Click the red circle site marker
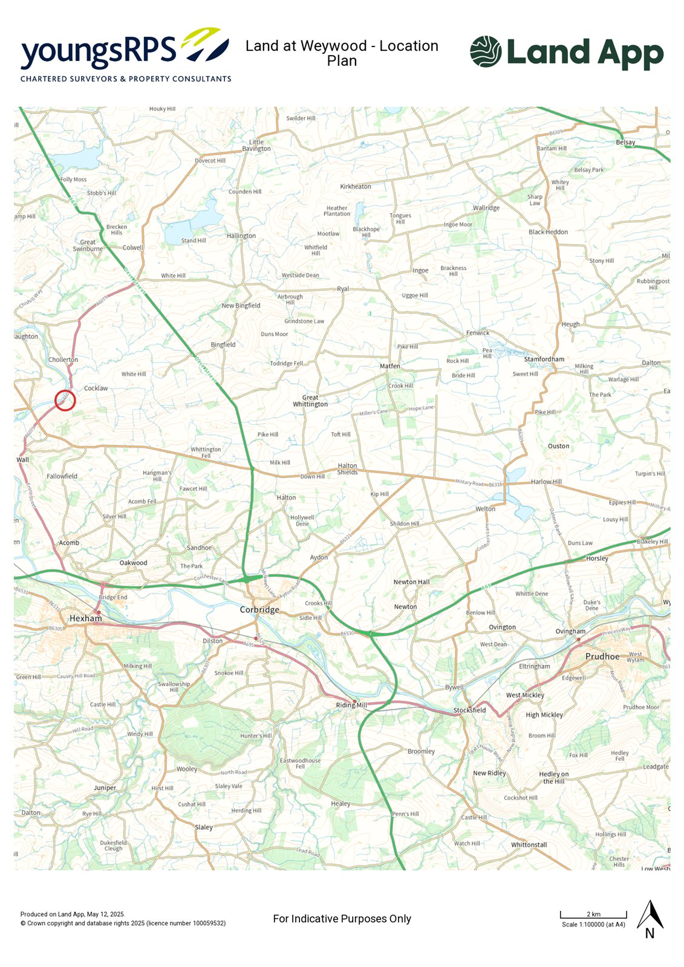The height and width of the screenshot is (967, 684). tap(65, 400)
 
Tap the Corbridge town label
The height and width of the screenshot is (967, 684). tap(259, 610)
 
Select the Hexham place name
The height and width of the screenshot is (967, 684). tap(85, 618)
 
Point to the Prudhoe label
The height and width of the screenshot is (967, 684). tap(602, 656)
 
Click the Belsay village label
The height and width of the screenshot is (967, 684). tap(625, 143)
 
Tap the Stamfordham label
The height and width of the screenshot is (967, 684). tap(544, 359)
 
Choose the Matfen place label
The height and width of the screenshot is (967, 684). tap(389, 366)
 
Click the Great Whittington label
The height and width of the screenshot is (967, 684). tap(310, 401)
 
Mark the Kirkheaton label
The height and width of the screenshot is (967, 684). tap(355, 187)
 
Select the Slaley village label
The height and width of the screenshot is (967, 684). tap(204, 827)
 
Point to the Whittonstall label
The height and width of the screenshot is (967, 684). tap(529, 845)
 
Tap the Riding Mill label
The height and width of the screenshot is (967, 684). tap(351, 705)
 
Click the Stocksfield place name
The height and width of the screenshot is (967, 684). tap(469, 710)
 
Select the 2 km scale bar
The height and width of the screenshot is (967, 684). tap(593, 914)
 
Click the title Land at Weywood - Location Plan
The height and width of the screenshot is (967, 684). tap(342, 53)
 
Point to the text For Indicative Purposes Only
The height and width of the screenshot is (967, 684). tap(342, 919)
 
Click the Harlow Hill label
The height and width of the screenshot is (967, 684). tap(546, 482)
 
